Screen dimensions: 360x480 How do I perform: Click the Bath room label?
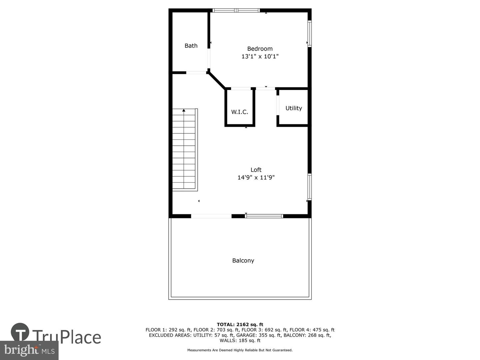(x=191, y=46)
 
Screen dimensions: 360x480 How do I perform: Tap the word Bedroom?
(x=260, y=49)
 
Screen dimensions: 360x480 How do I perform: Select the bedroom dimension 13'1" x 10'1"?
(x=260, y=56)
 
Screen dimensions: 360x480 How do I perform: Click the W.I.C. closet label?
(x=240, y=112)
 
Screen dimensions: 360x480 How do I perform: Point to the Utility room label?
(x=293, y=108)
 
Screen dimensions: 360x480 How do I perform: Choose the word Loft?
(x=256, y=170)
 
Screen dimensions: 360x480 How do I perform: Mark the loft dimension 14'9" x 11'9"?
(x=256, y=177)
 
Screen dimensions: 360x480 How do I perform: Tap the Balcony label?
(x=243, y=261)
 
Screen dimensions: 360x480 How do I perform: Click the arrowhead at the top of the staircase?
(x=184, y=110)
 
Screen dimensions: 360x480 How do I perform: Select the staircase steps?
(x=184, y=150)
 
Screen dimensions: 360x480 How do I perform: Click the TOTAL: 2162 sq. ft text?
(x=240, y=324)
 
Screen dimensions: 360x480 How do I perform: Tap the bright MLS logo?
(x=29, y=350)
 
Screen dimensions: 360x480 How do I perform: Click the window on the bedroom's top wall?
(x=236, y=10)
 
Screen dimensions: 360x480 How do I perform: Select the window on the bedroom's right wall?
(x=309, y=34)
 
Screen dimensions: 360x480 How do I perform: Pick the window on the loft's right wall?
(x=309, y=187)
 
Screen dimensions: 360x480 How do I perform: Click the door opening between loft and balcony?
(x=211, y=216)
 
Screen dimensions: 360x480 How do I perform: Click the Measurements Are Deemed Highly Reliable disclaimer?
(x=240, y=350)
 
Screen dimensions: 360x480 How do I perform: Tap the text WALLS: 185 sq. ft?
(x=240, y=340)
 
